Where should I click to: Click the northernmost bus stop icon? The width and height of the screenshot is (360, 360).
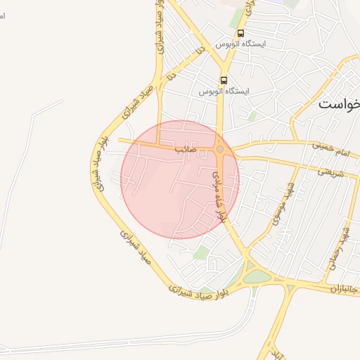click(241, 33)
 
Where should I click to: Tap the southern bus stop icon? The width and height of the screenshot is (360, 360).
click(224, 80)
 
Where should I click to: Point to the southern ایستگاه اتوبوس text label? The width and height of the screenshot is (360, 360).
click(224, 91)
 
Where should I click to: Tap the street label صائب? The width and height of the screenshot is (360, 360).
click(185, 149)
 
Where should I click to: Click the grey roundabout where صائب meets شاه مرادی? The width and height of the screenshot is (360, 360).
click(220, 149)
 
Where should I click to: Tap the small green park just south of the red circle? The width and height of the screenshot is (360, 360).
click(202, 252)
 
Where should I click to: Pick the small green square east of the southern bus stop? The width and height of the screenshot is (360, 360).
click(252, 116)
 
